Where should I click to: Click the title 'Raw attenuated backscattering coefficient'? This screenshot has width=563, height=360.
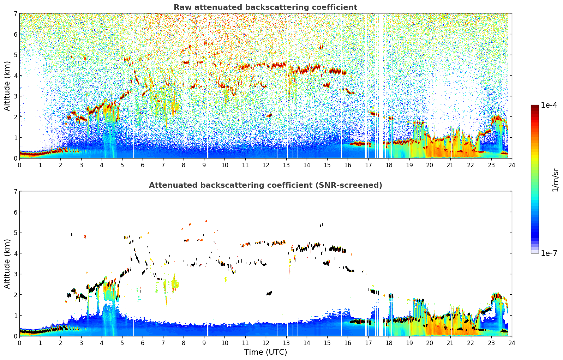[265, 7]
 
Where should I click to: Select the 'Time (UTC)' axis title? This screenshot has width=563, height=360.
[265, 352]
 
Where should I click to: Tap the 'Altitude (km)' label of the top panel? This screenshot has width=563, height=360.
[7, 86]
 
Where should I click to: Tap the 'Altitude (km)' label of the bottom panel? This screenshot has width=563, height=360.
[7, 264]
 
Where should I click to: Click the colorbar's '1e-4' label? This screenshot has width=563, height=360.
[549, 105]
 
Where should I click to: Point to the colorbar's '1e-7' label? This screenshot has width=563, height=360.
[549, 253]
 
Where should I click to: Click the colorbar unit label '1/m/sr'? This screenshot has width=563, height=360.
[555, 180]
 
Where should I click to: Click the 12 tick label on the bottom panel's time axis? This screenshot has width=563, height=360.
[265, 343]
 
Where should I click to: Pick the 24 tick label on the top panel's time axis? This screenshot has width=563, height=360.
[511, 165]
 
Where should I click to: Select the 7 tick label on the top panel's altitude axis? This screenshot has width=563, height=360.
[15, 14]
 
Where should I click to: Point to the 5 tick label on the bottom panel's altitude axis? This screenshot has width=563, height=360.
[15, 233]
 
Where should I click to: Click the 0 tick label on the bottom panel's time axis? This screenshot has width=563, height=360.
[19, 343]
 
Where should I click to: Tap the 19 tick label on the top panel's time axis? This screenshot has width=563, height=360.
[409, 165]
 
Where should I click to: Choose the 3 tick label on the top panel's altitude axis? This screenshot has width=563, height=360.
[15, 96]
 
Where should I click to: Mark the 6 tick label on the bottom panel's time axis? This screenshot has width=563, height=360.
[143, 343]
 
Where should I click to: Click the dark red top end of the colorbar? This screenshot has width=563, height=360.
[534, 107]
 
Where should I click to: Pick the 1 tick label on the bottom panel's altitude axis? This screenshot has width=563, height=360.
[15, 316]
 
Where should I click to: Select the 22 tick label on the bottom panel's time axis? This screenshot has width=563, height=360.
[471, 343]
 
